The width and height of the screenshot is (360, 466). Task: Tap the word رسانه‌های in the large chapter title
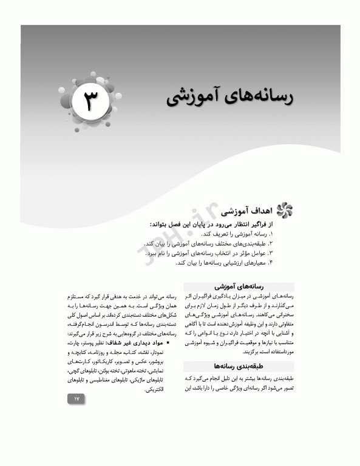pos(252,97)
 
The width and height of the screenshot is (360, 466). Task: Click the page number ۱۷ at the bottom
pos(93,399)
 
